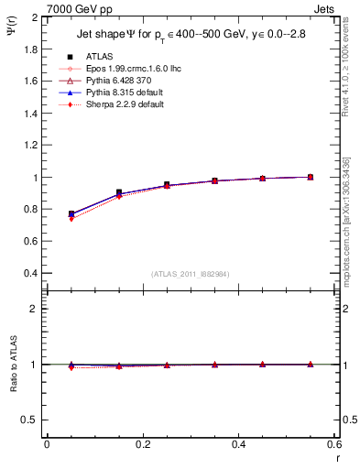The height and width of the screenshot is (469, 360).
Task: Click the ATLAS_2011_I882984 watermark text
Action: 190,274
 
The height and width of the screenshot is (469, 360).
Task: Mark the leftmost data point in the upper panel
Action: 71,214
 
